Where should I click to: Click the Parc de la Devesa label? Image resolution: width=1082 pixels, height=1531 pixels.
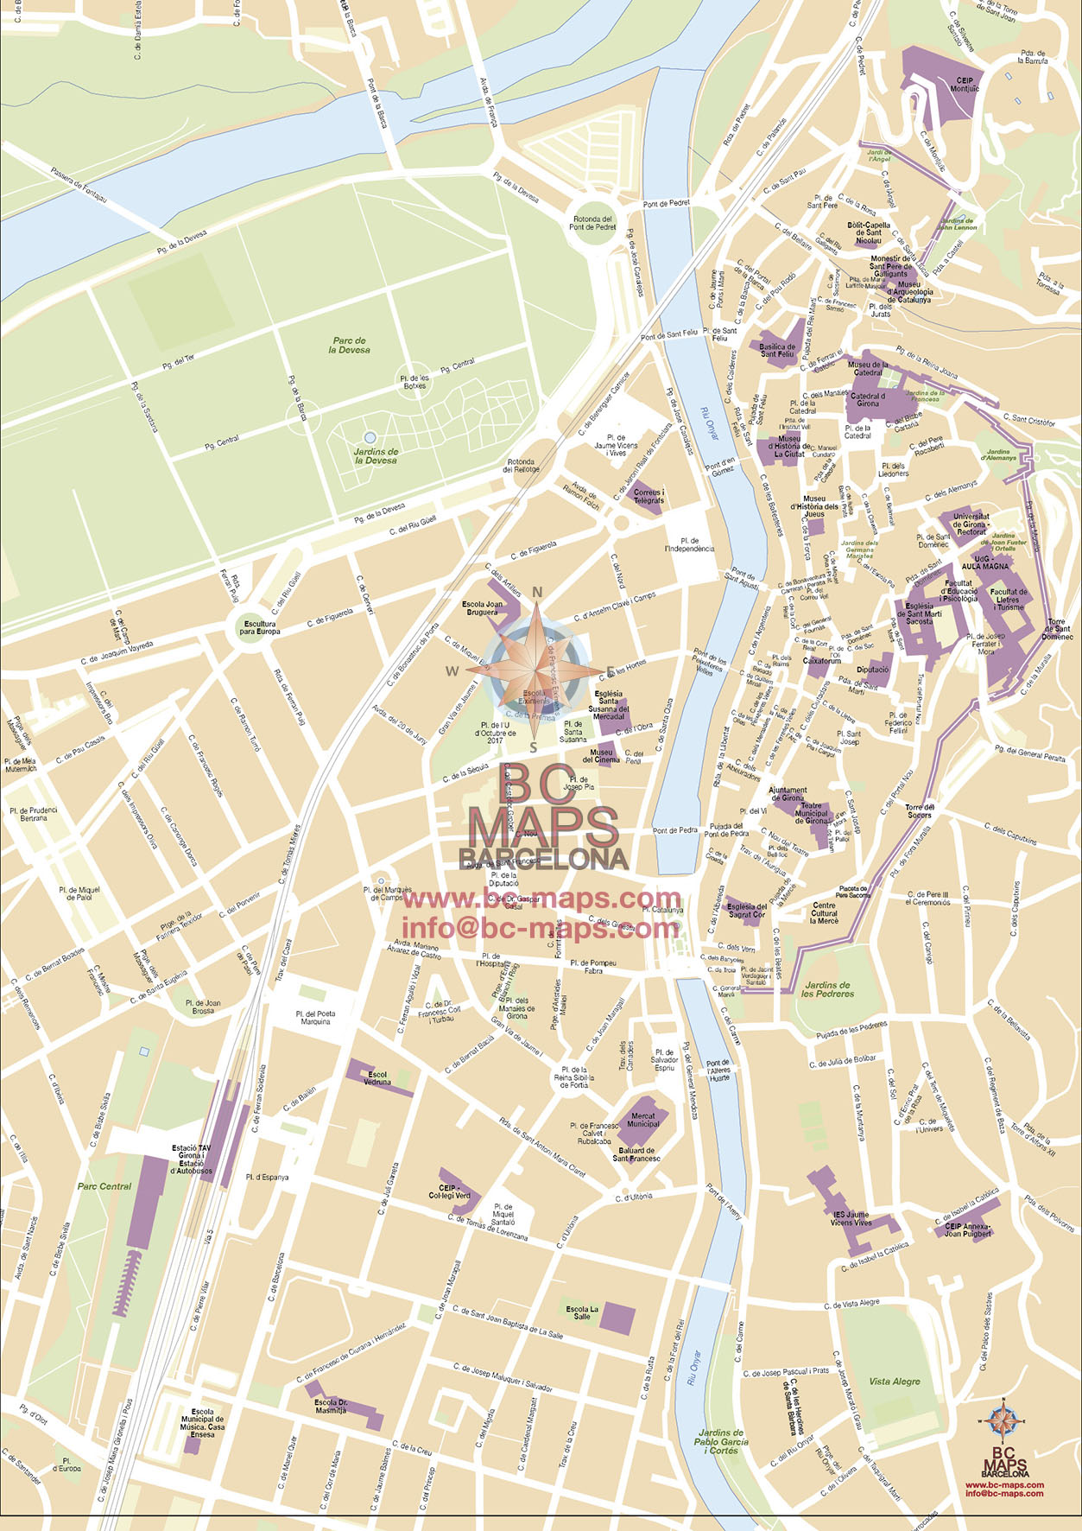[350, 346]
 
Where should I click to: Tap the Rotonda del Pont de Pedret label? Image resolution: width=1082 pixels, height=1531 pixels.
[593, 223]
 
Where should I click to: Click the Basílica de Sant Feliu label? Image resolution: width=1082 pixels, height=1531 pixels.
[777, 350]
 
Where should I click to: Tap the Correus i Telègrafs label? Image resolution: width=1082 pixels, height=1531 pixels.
[649, 496]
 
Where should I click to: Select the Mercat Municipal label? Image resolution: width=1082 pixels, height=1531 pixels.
[642, 1120]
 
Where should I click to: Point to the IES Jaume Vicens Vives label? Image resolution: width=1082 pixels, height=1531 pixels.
[851, 1218]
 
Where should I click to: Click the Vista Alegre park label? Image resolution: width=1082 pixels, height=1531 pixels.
[894, 1381]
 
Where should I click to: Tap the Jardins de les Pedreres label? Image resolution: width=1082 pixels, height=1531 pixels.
[826, 989]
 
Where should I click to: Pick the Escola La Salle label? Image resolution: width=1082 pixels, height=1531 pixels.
[582, 1312]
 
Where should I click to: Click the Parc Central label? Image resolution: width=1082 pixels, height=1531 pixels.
[104, 1186]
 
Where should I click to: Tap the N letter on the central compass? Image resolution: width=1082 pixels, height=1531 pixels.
[537, 592]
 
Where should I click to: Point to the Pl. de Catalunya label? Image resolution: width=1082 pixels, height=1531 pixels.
[663, 909]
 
